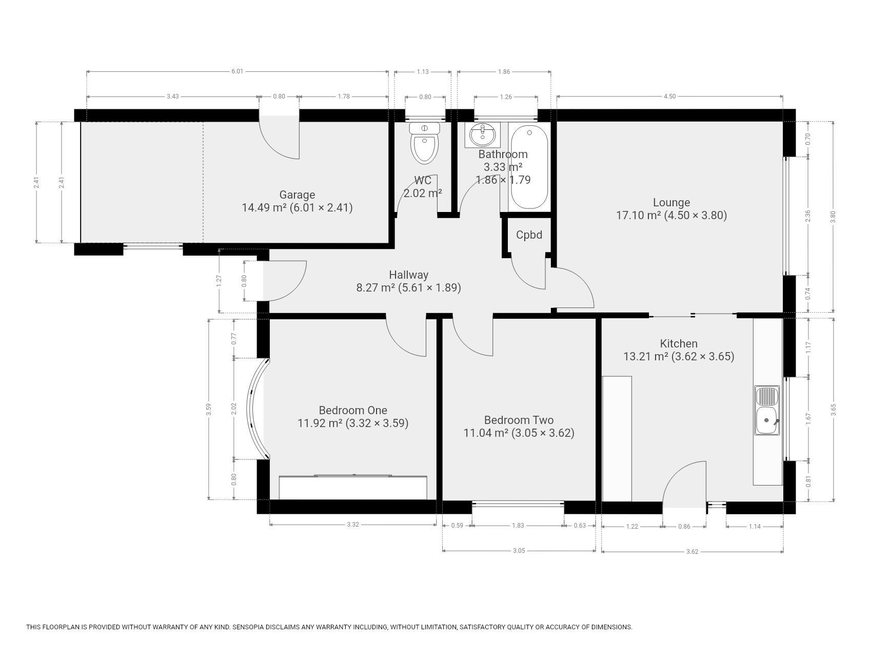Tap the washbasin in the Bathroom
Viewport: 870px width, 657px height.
click(482, 135)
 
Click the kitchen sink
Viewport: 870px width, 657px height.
click(767, 411)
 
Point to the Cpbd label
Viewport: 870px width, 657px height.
click(529, 235)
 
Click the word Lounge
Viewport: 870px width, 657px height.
click(671, 203)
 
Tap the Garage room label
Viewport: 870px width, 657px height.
click(297, 195)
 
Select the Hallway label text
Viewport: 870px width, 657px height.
click(408, 275)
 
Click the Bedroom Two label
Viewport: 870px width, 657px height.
click(519, 420)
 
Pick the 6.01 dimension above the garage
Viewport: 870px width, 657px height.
click(237, 71)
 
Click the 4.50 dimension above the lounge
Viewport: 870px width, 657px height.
click(669, 96)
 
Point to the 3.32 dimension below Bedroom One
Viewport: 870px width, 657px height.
click(352, 525)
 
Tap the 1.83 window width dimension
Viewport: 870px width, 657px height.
click(518, 526)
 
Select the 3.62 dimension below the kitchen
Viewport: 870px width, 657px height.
click(692, 552)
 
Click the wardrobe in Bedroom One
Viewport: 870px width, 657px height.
click(353, 487)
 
